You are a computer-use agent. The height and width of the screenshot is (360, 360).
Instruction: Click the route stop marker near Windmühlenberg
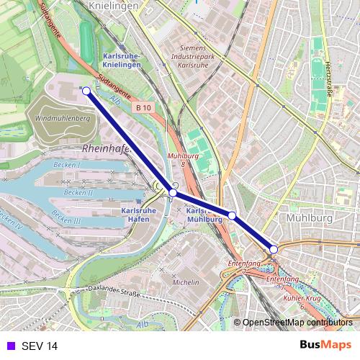point(86,91)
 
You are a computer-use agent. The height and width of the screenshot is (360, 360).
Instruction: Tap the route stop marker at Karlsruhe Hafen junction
point(173,192)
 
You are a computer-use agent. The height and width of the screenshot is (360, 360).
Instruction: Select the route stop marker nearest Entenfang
point(274,249)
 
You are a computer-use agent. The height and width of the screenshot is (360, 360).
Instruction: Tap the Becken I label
point(68,165)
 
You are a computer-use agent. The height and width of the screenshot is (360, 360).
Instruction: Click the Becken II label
point(78,192)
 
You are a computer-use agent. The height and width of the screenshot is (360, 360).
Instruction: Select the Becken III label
point(67,220)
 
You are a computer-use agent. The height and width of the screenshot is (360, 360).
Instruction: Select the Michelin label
point(185,283)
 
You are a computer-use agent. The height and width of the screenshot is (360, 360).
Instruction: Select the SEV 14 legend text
point(39,346)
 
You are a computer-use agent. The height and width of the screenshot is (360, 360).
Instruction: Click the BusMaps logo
point(325,346)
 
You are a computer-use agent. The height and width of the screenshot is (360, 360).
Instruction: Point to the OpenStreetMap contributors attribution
point(297,323)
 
